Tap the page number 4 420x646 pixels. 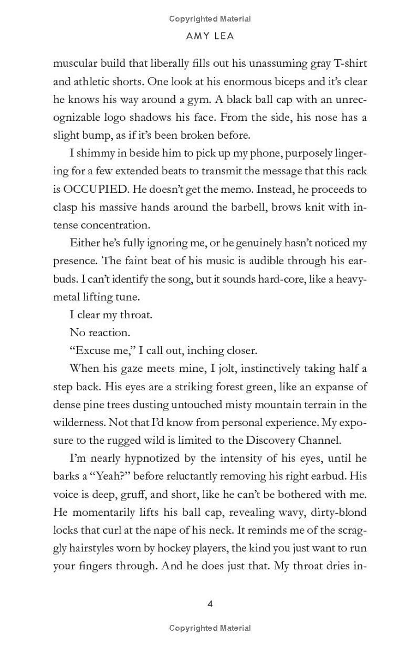tap(210, 603)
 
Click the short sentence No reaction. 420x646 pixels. tap(99, 332)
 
